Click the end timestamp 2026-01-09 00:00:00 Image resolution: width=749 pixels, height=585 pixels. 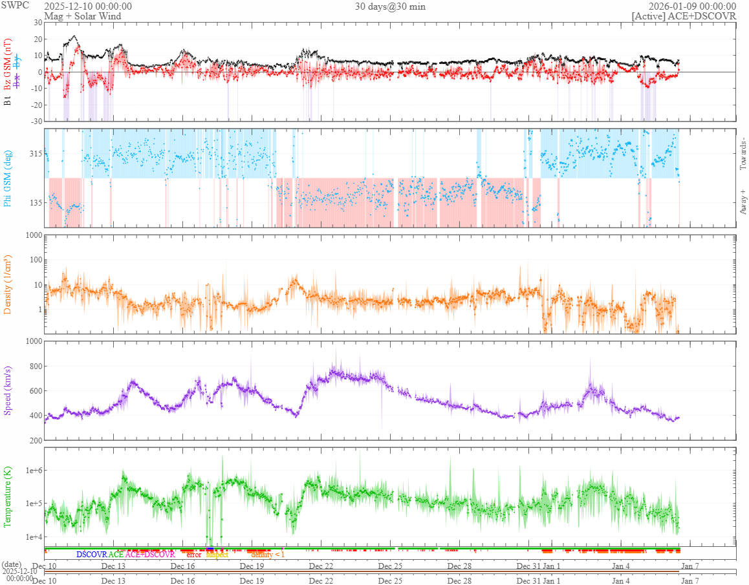click(692, 6)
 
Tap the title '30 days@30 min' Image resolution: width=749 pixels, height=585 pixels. click(390, 6)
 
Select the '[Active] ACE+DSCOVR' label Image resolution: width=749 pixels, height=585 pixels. click(684, 16)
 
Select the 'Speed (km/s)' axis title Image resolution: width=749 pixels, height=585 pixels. click(8, 390)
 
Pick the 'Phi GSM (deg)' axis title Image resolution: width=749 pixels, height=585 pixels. click(8, 178)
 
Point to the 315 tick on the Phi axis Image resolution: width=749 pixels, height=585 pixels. click(34, 154)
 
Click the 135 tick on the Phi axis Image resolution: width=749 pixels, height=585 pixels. click(34, 203)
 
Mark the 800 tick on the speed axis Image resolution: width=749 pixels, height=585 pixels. click(34, 367)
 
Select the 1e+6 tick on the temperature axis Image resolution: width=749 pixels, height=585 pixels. click(32, 471)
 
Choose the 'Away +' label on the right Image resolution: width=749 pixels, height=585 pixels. click(743, 201)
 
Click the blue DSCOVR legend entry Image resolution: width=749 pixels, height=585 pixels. click(91, 555)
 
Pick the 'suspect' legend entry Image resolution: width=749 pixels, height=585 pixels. click(217, 555)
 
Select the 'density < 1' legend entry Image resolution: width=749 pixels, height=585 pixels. click(267, 555)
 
